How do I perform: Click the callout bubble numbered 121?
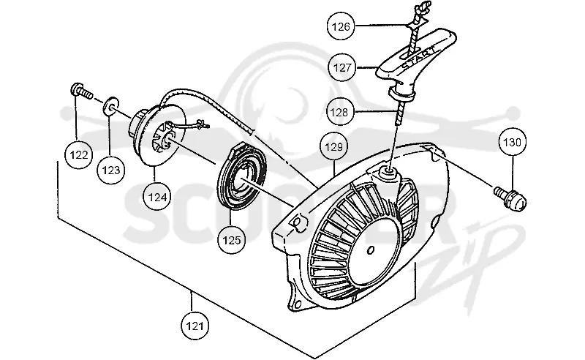[x=195, y=326]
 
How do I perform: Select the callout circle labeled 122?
[x=79, y=154]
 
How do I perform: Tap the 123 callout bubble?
[x=111, y=170]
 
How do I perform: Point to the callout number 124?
[x=157, y=197]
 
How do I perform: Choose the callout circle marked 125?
[x=232, y=240]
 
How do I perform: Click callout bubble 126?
[x=341, y=26]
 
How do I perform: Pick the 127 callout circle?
[x=342, y=67]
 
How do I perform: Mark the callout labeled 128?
[x=339, y=112]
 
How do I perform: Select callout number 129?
[x=334, y=147]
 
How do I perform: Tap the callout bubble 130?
[x=513, y=142]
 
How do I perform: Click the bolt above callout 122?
[x=80, y=91]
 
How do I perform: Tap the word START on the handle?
[x=418, y=57]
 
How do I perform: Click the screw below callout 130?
[x=510, y=197]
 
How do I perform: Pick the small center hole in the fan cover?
[x=371, y=250]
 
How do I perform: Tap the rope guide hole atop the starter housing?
[x=389, y=170]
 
